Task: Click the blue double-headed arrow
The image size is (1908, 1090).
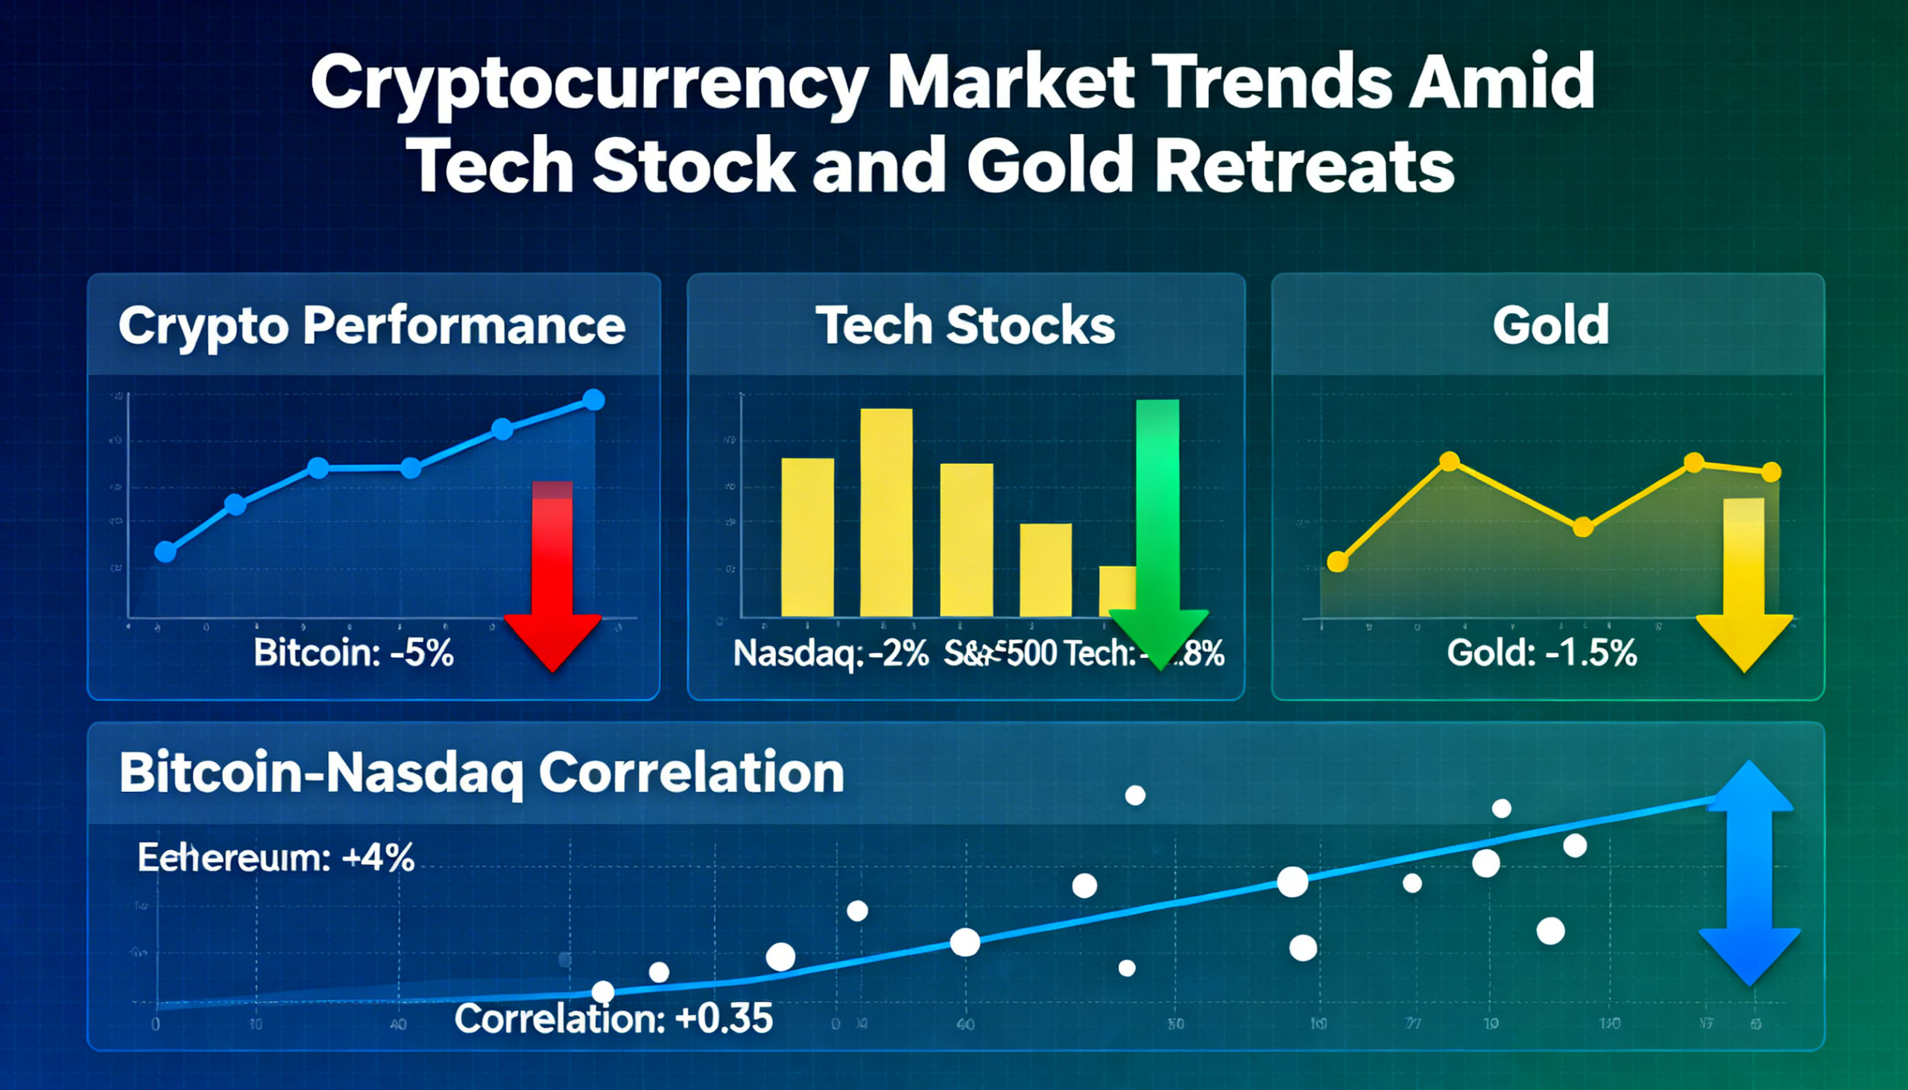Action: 1749,872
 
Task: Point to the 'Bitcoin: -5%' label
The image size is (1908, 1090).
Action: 353,653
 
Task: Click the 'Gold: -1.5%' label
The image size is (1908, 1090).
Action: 1542,653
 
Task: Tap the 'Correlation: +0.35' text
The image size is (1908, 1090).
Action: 613,1019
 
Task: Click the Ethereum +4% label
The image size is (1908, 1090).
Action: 276,858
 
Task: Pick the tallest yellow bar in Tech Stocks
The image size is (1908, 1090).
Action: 886,513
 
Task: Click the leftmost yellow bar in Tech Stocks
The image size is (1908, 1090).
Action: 807,537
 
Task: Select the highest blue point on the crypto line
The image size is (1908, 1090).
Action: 593,400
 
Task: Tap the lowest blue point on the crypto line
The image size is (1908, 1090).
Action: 165,553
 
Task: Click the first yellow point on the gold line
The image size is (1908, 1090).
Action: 1337,562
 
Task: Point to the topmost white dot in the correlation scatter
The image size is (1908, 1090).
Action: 1135,795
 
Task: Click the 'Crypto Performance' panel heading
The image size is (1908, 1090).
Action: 371,326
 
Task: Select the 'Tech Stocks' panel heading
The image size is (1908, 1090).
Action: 965,326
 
